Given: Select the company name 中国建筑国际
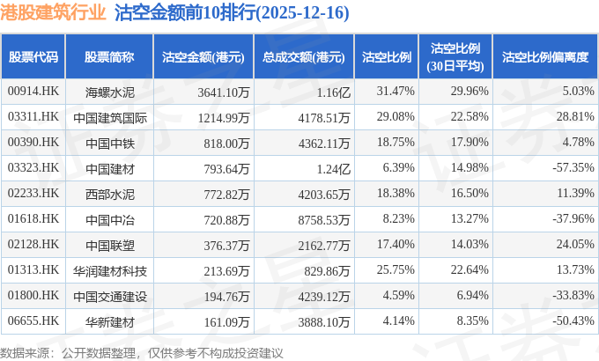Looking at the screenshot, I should pos(110,116).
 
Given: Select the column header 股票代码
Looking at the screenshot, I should pos(33,57).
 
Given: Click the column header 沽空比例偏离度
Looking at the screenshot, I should pos(544,57).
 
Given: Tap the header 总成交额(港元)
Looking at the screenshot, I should pos(303,57).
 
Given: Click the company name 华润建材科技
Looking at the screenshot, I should pos(110,269).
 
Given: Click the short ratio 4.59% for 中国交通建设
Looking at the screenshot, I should pos(397,295).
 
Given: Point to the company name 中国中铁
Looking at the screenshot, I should pos(110,142).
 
